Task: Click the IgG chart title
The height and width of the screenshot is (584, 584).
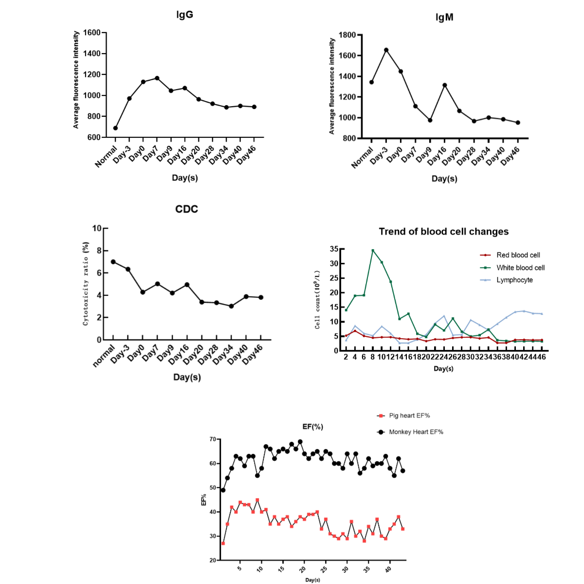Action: click(x=184, y=15)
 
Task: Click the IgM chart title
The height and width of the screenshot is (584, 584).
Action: click(x=444, y=18)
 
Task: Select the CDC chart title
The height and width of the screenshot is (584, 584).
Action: click(x=186, y=209)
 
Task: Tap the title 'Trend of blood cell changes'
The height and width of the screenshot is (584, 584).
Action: click(x=443, y=232)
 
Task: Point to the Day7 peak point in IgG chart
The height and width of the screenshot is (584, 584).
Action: click(x=157, y=78)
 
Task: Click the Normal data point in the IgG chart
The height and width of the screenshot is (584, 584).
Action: click(x=115, y=128)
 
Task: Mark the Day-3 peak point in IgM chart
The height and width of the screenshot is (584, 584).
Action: click(x=386, y=50)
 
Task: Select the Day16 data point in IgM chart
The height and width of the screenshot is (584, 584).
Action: click(x=444, y=85)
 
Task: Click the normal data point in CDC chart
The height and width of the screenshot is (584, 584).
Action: click(x=113, y=262)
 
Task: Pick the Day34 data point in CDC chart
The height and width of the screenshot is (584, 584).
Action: click(x=231, y=306)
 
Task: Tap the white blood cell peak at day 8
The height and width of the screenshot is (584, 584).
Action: click(x=373, y=251)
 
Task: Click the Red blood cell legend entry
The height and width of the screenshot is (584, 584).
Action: click(x=518, y=255)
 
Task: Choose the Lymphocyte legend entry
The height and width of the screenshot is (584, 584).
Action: click(x=514, y=280)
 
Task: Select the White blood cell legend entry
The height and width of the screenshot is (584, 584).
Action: click(x=520, y=268)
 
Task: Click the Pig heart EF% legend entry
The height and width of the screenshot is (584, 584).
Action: click(x=409, y=416)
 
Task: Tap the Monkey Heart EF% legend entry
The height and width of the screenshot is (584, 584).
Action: click(x=416, y=432)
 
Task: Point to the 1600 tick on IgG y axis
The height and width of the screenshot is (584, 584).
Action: click(x=91, y=33)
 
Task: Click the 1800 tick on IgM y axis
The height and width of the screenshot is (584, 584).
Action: click(x=347, y=35)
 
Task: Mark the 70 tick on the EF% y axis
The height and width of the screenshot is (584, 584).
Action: click(x=213, y=439)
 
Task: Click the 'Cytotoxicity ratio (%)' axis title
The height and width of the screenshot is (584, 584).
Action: click(x=86, y=283)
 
